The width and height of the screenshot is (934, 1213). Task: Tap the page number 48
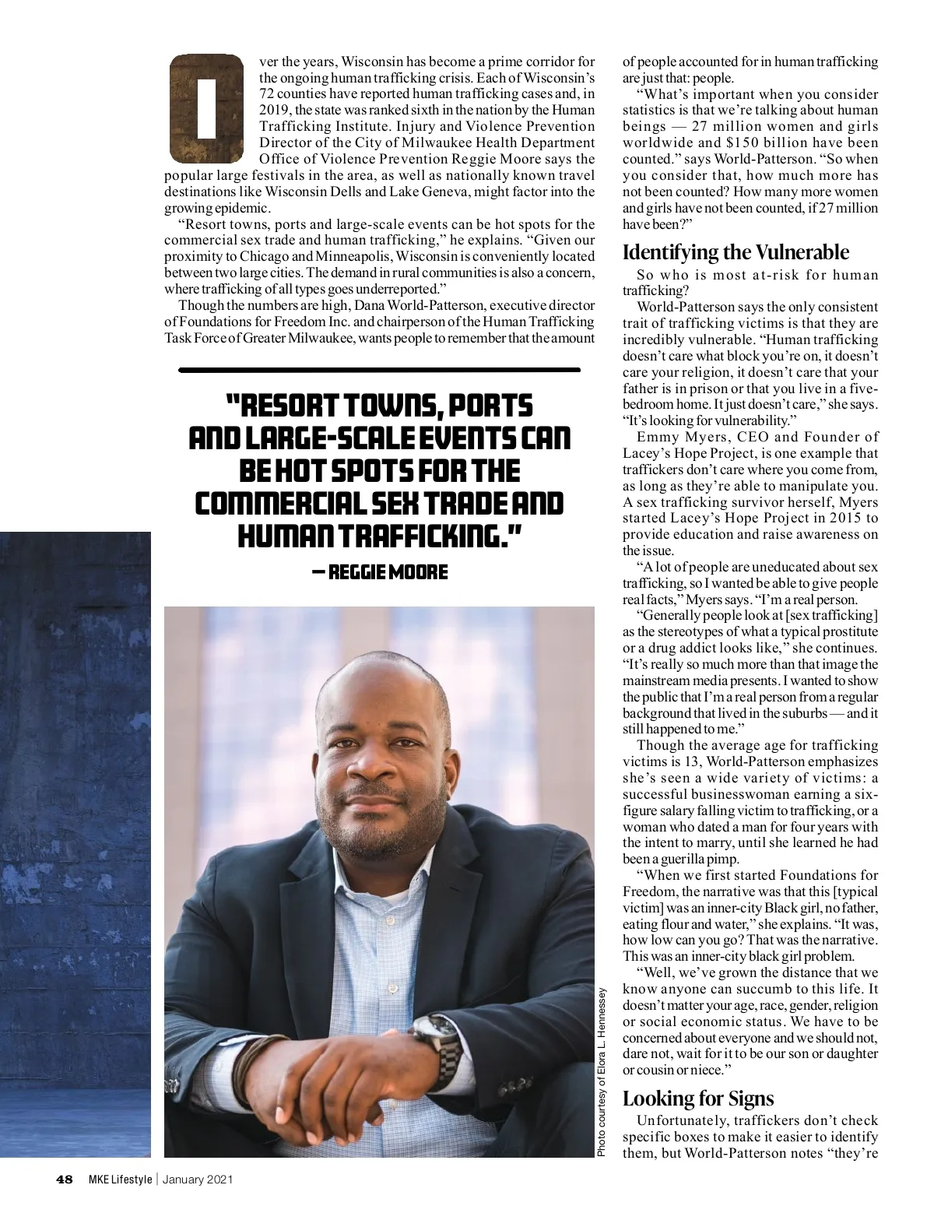pos(64,1180)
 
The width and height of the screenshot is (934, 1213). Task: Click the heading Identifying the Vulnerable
pos(736,252)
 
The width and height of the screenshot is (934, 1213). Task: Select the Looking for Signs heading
pos(698,1099)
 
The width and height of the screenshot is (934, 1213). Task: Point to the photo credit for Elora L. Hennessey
pos(602,1072)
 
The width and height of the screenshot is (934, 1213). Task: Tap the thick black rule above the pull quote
pos(380,370)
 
